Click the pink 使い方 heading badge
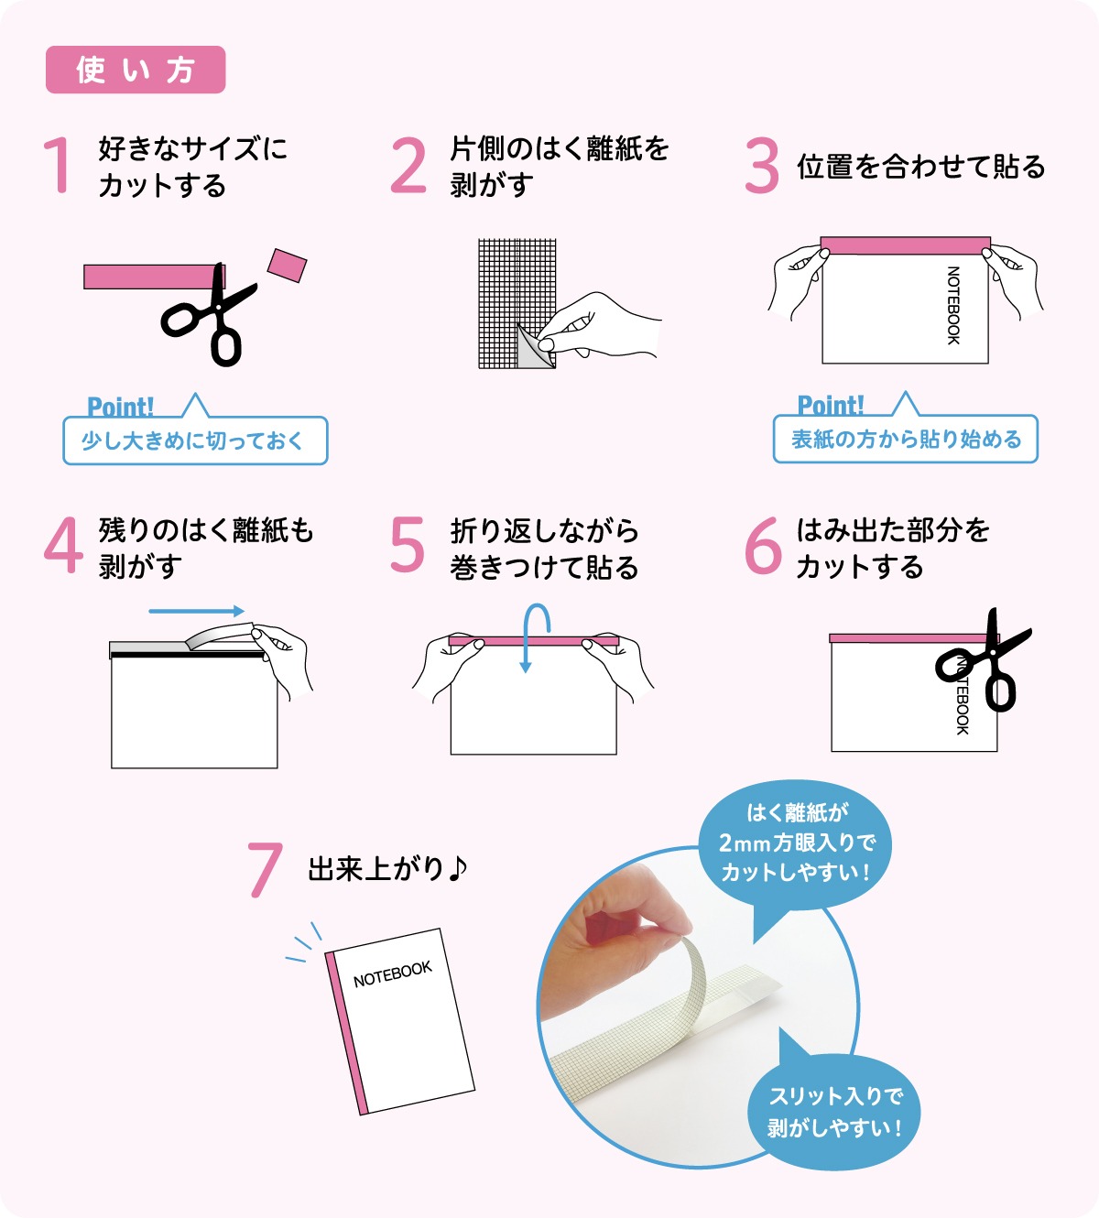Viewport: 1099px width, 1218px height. (x=136, y=70)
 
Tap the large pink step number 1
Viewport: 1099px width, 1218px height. (x=59, y=165)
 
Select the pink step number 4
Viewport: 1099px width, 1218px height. (x=63, y=545)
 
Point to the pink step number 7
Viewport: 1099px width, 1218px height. (x=266, y=869)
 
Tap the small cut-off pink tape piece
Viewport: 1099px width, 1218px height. (x=288, y=266)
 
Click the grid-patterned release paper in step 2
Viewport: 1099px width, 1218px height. (x=517, y=303)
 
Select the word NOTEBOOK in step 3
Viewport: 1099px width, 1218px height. (x=953, y=305)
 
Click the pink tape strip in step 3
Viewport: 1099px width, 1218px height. (x=906, y=245)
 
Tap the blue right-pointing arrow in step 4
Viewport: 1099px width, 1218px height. (x=197, y=611)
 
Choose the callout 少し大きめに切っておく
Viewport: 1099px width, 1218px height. (x=195, y=440)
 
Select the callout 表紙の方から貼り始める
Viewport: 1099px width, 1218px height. (x=906, y=439)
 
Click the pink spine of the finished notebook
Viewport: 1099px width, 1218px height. (x=347, y=1033)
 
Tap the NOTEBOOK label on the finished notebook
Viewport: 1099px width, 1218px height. (x=393, y=973)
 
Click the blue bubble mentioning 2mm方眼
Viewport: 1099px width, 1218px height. (x=796, y=843)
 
